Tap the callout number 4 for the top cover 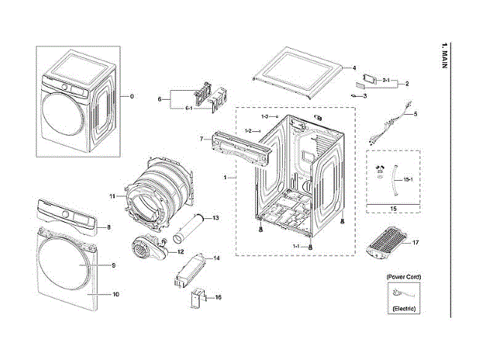tap(353, 67)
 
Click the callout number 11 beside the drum tap(111, 196)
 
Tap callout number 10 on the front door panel tap(115, 294)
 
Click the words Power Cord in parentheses tap(403, 277)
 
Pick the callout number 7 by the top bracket tap(202, 139)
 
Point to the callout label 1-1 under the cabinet tap(296, 247)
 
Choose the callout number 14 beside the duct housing tap(216, 258)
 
